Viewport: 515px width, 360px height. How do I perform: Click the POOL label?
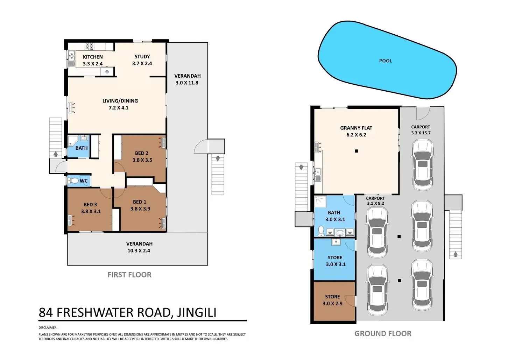[x=385, y=61]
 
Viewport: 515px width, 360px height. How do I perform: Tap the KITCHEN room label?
[x=93, y=57]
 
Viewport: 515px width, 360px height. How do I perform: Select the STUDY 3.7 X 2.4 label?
[x=142, y=60]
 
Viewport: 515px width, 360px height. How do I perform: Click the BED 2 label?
[x=142, y=153]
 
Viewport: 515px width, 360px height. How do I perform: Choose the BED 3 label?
[x=90, y=205]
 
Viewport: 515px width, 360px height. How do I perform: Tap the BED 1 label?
[x=140, y=202]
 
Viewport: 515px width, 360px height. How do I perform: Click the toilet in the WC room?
[x=73, y=181]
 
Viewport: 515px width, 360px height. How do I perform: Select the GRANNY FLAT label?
[x=356, y=128]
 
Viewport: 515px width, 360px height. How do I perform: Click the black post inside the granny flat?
[x=356, y=151]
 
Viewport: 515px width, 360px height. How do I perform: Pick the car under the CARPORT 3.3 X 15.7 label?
[x=422, y=164]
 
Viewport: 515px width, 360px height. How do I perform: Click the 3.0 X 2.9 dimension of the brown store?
[x=332, y=304]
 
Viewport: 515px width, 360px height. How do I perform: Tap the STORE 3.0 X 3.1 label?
[x=335, y=261]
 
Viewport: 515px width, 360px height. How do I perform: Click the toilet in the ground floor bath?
[x=321, y=231]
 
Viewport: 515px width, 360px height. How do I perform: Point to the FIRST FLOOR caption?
[x=129, y=275]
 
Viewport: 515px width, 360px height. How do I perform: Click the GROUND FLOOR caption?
[x=383, y=334]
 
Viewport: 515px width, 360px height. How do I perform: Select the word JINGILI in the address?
[x=196, y=312]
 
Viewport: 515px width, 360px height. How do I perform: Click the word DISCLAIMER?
[x=48, y=328]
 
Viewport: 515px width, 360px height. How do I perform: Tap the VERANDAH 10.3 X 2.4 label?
[x=139, y=247]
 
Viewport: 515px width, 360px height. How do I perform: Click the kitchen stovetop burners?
[x=90, y=47]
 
